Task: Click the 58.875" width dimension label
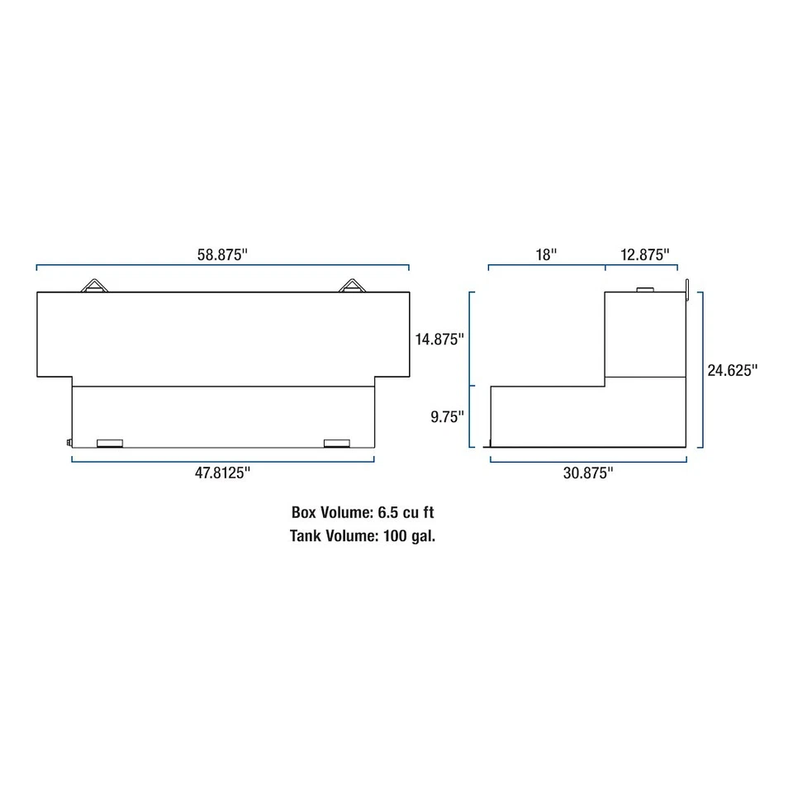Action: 222,254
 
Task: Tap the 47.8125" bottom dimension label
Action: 223,472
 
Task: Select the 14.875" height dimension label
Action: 439,339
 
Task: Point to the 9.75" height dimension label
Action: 447,417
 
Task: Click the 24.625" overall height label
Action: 732,370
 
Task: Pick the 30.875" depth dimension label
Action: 587,472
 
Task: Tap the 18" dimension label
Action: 546,254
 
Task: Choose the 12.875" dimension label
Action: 644,254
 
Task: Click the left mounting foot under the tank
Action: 109,444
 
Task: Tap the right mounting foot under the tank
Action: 336,444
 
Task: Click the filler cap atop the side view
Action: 644,288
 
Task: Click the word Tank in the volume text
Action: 306,535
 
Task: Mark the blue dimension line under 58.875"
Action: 222,266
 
